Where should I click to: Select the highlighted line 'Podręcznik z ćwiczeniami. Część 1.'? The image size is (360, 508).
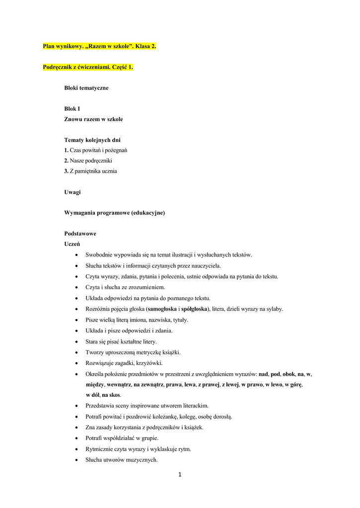[x=88, y=67]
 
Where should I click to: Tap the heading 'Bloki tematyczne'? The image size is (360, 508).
[x=86, y=88]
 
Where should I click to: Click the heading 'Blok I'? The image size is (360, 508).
[x=72, y=109]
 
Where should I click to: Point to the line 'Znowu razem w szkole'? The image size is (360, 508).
[x=93, y=119]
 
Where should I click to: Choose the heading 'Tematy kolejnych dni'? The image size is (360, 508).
[x=92, y=140]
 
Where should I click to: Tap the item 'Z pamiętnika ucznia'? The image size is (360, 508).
[x=93, y=171]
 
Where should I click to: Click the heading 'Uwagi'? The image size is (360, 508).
[x=72, y=192]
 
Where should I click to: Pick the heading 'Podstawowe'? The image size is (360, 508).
[x=80, y=234]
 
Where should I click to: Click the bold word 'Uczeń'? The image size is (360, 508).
[x=72, y=244]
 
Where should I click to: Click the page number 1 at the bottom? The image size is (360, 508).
[x=180, y=475]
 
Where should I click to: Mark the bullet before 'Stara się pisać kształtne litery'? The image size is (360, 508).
[x=75, y=342]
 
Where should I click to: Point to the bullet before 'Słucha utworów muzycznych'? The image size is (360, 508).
[x=75, y=460]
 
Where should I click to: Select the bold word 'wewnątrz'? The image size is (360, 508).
[x=119, y=384]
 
